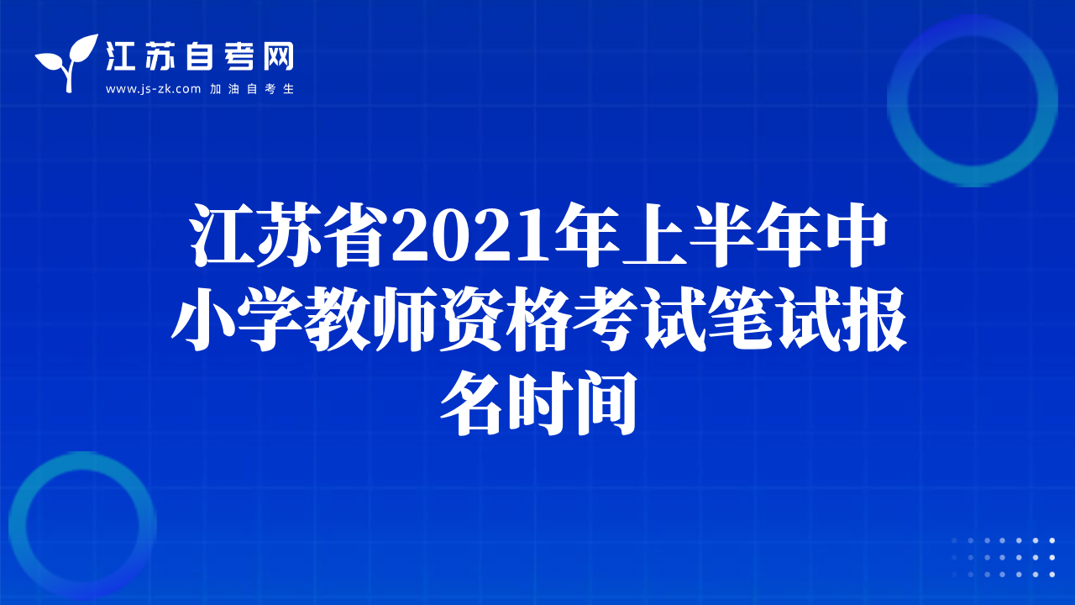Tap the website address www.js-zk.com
(153, 89)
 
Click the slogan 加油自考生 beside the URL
(252, 89)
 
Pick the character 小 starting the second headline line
(203, 318)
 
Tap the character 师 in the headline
(404, 318)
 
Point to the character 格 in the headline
(537, 318)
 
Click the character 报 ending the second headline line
(873, 318)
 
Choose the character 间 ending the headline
(606, 402)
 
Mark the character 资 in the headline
(471, 318)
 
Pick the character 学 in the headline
(270, 318)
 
